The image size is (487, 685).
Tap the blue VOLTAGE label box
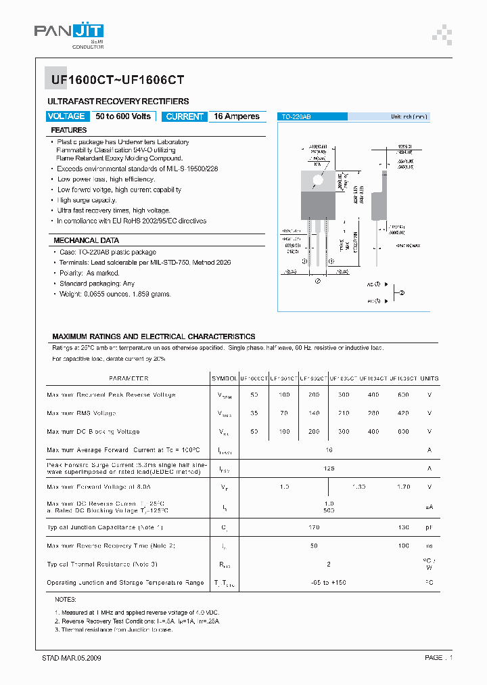pyautogui.click(x=66, y=116)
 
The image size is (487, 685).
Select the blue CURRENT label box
pyautogui.click(x=184, y=116)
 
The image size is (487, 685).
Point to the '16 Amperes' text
pyautogui.click(x=237, y=116)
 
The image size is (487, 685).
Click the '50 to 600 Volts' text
pyautogui.click(x=123, y=116)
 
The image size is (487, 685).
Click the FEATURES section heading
pyautogui.click(x=69, y=130)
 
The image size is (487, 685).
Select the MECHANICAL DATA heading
pyautogui.click(x=86, y=240)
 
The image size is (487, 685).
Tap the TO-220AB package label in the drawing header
pyautogui.click(x=296, y=117)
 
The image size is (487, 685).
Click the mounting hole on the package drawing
pyautogui.click(x=316, y=177)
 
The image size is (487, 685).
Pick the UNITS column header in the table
pyautogui.click(x=430, y=378)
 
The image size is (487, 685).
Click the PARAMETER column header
pyautogui.click(x=129, y=378)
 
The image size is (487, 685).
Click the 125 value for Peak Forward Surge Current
pyautogui.click(x=329, y=468)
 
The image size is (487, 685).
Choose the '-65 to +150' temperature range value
pyautogui.click(x=329, y=582)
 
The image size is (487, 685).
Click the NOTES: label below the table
pyautogui.click(x=66, y=600)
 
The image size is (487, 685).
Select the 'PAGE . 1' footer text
pyautogui.click(x=438, y=658)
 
